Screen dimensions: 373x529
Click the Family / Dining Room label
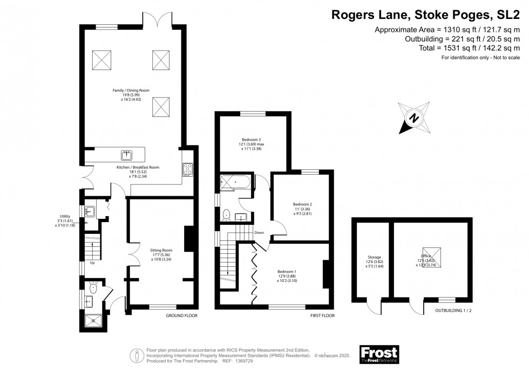click(131, 90)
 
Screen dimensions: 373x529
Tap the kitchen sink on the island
click(126, 156)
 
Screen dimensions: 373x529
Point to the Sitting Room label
click(161, 250)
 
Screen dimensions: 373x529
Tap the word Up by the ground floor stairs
click(92, 263)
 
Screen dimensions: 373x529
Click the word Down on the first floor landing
click(259, 233)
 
